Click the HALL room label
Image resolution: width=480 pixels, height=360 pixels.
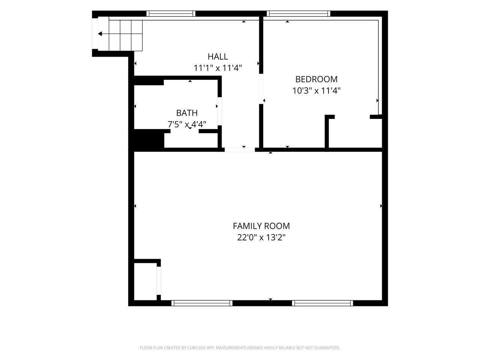click(217, 57)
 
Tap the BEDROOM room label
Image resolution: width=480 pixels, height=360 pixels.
click(316, 79)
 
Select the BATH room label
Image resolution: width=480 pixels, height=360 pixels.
click(187, 113)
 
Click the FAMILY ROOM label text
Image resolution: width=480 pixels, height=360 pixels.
click(261, 226)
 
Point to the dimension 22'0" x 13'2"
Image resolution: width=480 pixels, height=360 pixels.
click(261, 237)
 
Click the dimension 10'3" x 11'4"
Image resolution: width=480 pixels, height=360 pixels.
click(316, 90)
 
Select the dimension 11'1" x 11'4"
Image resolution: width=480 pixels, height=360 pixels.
click(217, 68)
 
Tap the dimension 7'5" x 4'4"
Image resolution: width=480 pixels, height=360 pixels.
click(187, 124)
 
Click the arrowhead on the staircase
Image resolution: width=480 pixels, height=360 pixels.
click(100, 34)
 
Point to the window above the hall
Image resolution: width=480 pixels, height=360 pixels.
click(171, 13)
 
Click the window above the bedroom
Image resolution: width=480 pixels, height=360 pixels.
click(298, 13)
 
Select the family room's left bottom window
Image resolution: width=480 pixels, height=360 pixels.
click(202, 303)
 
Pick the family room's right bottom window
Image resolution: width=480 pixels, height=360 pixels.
click(322, 303)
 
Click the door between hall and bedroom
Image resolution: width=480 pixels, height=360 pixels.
click(261, 89)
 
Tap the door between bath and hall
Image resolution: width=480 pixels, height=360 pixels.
click(220, 111)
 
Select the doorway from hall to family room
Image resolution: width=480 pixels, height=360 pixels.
click(240, 150)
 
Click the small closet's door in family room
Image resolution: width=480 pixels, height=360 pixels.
click(159, 280)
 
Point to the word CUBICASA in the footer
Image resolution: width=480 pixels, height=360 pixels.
click(196, 348)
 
